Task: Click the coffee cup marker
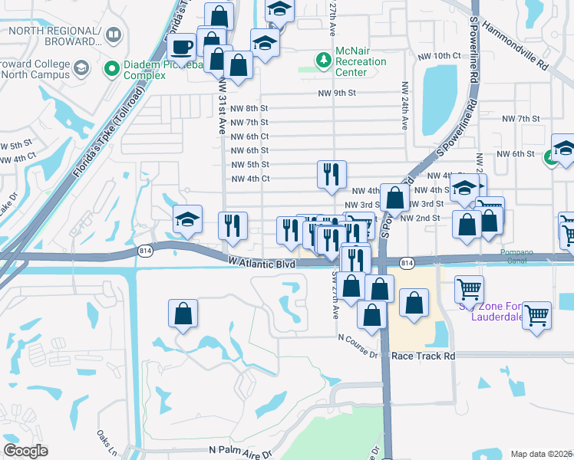pyautogui.click(x=181, y=47)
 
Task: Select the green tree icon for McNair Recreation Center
pyautogui.click(x=323, y=59)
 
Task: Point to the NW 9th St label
pyautogui.click(x=338, y=94)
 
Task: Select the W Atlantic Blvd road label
pyautogui.click(x=262, y=263)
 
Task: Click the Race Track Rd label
pyautogui.click(x=423, y=356)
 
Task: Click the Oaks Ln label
pyautogui.click(x=105, y=439)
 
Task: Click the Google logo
pyautogui.click(x=26, y=451)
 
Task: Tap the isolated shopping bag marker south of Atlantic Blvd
pyautogui.click(x=183, y=314)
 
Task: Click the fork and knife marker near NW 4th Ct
pyautogui.click(x=332, y=175)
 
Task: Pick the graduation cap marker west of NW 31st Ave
pyautogui.click(x=187, y=220)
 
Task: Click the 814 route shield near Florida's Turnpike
pyautogui.click(x=144, y=251)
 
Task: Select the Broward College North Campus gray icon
pyautogui.click(x=81, y=71)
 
